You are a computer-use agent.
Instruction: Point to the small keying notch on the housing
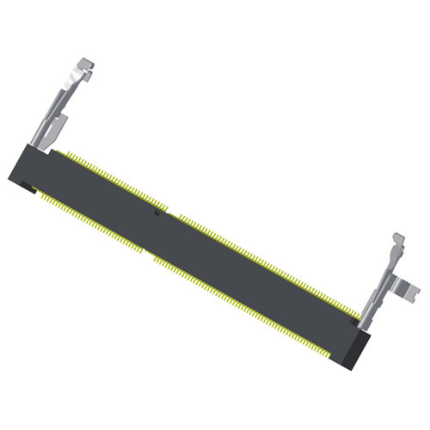pos(156,212)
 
